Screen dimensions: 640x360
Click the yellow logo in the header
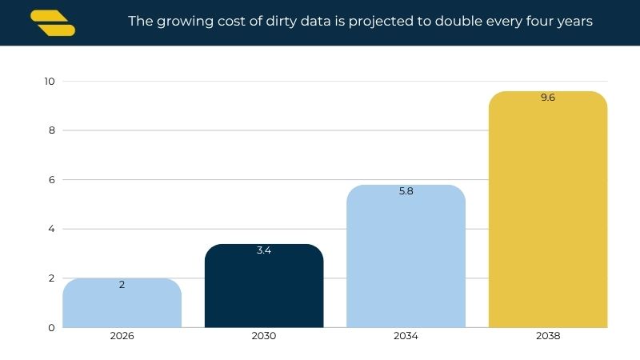pyautogui.click(x=53, y=23)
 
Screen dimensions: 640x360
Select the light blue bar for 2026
pyautogui.click(x=122, y=303)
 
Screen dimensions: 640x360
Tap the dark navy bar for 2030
pyautogui.click(x=264, y=286)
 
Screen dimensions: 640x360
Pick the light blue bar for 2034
pyautogui.click(x=406, y=256)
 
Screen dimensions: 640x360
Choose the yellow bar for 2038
pyautogui.click(x=548, y=210)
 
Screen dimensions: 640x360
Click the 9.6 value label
pyautogui.click(x=548, y=98)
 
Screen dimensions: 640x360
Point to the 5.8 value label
pyautogui.click(x=406, y=191)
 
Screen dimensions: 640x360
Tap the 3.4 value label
pyautogui.click(x=264, y=250)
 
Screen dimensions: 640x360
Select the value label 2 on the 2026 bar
pyautogui.click(x=122, y=285)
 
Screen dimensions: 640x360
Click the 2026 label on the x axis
pyautogui.click(x=122, y=336)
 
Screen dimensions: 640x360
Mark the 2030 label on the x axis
pyautogui.click(x=264, y=336)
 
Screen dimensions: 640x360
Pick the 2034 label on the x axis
pyautogui.click(x=406, y=336)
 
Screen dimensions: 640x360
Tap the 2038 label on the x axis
pyautogui.click(x=548, y=336)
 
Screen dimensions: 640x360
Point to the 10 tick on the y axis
pyautogui.click(x=50, y=82)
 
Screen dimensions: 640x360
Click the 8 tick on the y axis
pyautogui.click(x=51, y=130)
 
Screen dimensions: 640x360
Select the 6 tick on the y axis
pyautogui.click(x=51, y=179)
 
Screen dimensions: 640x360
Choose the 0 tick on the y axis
pyautogui.click(x=51, y=328)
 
